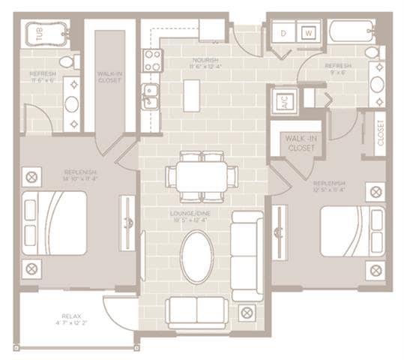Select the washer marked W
308,34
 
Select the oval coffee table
197,256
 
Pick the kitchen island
191,95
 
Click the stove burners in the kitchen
152,60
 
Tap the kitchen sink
151,96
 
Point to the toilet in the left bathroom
67,61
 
